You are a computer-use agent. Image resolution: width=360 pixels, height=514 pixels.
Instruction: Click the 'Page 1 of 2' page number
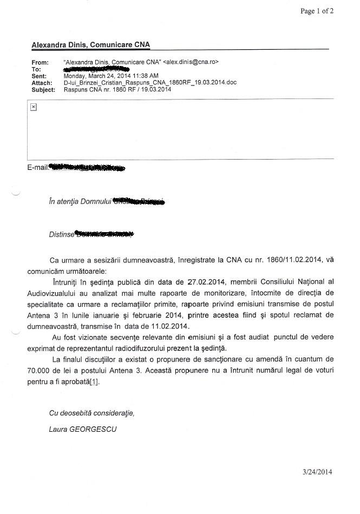pyautogui.click(x=317, y=11)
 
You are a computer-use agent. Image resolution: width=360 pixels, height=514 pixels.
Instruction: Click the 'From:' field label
pyautogui.click(x=40, y=63)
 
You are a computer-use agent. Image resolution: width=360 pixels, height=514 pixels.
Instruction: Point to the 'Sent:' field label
pyautogui.click(x=40, y=76)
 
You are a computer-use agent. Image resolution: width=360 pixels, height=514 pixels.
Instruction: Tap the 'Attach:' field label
pyautogui.click(x=42, y=83)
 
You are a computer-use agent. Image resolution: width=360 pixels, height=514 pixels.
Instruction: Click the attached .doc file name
pyautogui.click(x=150, y=83)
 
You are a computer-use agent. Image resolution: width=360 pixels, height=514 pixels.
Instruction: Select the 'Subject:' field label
pyautogui.click(x=43, y=90)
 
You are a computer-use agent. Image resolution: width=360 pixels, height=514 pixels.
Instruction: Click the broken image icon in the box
pyautogui.click(x=33, y=107)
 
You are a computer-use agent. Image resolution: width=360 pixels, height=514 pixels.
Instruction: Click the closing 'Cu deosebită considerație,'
pyautogui.click(x=91, y=413)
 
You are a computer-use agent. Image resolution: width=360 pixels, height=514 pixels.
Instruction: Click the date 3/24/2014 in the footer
pyautogui.click(x=318, y=472)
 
